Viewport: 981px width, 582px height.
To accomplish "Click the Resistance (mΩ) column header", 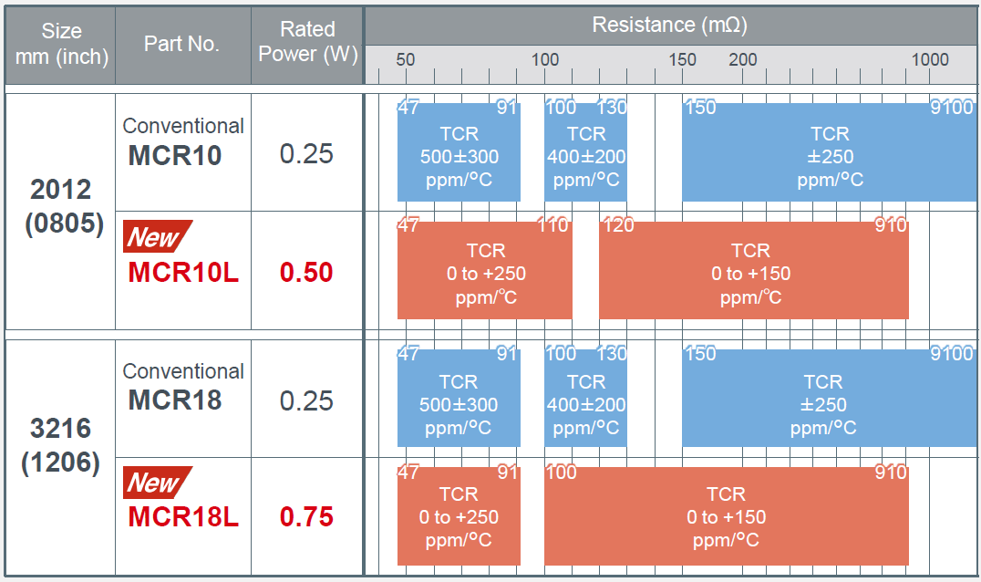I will [x=670, y=25].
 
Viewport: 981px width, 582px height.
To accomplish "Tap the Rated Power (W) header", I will [x=307, y=42].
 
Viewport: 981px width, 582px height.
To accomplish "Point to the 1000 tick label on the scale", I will [x=930, y=60].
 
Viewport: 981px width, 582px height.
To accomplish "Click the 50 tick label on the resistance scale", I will [x=406, y=60].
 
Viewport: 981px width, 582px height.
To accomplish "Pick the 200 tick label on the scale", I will [x=743, y=60].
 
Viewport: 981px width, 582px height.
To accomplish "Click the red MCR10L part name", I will [x=183, y=272].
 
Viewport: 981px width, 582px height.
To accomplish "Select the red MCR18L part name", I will [x=183, y=517].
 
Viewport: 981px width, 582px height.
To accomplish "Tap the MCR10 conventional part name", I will [x=174, y=155].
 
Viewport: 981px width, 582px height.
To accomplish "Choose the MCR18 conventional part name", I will [x=174, y=400].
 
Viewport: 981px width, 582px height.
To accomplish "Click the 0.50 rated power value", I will [x=306, y=272].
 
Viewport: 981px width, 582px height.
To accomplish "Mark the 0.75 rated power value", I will [x=306, y=517].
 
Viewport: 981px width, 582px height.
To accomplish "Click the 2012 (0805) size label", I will [x=61, y=206].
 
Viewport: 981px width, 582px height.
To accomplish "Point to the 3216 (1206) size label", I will [x=61, y=445].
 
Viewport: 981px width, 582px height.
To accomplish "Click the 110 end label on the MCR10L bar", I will [x=553, y=224].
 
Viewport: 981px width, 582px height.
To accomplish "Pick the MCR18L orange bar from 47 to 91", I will [x=459, y=516].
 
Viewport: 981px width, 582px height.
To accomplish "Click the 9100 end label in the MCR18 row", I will [x=951, y=354].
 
